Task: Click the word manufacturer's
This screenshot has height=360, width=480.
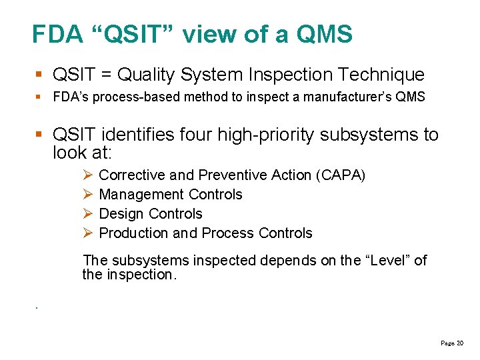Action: pos(347,97)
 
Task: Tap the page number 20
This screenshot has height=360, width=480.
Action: pos(460,343)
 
